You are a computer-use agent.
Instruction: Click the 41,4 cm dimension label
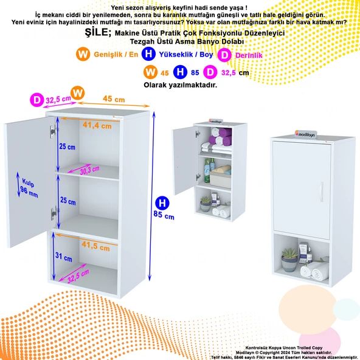point(97,125)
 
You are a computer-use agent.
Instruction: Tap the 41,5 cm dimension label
point(95,246)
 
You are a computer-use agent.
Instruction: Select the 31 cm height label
point(64,257)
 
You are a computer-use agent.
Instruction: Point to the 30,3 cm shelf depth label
point(90,170)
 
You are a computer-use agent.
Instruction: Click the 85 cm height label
point(164,215)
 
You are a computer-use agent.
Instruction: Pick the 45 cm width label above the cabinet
point(114,99)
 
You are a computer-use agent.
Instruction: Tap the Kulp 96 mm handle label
point(29,189)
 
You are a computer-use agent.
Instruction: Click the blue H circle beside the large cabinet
point(162,203)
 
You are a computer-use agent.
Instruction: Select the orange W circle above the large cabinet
point(78,93)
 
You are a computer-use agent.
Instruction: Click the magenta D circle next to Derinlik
point(224,55)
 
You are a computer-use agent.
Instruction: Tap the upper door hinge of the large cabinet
point(54,131)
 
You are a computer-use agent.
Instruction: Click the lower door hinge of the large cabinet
point(54,213)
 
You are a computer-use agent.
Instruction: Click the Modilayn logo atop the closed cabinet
point(306,134)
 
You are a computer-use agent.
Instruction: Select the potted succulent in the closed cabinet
point(289,260)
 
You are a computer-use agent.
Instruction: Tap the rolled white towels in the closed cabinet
point(314,272)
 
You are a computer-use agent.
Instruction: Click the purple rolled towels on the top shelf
point(221,136)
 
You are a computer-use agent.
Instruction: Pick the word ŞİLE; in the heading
point(98,32)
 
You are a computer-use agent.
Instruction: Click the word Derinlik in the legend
point(249,55)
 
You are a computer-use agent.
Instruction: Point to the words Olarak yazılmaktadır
point(180,85)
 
